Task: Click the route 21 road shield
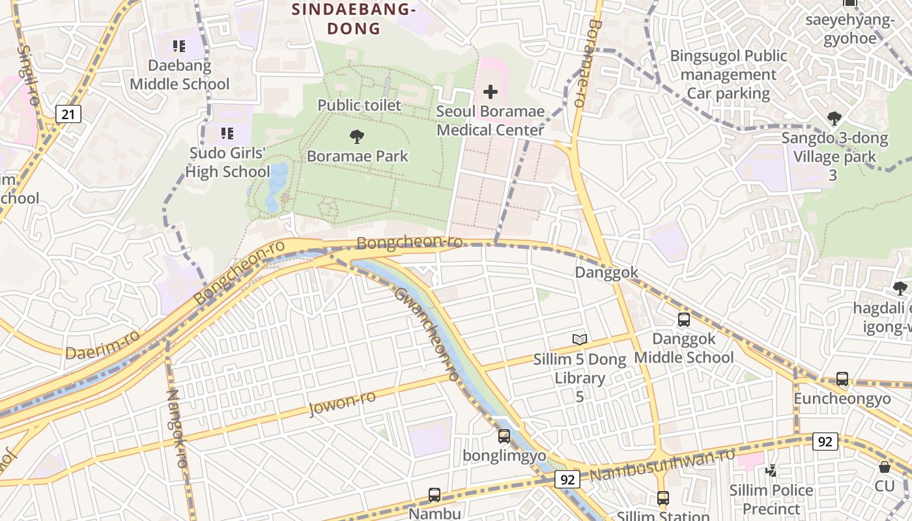coord(68,115)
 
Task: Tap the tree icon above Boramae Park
coord(356,137)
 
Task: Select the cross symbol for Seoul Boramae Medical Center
coord(490,92)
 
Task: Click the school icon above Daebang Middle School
coord(179,46)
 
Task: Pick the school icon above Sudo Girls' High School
coord(227,134)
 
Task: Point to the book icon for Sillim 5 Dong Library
coord(579,339)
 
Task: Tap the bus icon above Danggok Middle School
coord(683,319)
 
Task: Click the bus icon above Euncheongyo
coord(842,379)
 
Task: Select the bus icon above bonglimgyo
coord(504,436)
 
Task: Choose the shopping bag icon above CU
coord(884,467)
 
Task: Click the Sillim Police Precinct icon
coord(771,470)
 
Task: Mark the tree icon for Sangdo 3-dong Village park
coord(834,118)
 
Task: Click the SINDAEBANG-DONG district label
coord(353,19)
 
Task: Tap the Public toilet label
coord(359,105)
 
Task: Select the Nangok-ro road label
coord(177,428)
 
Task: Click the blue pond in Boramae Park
coord(276,186)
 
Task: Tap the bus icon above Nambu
coord(435,495)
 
